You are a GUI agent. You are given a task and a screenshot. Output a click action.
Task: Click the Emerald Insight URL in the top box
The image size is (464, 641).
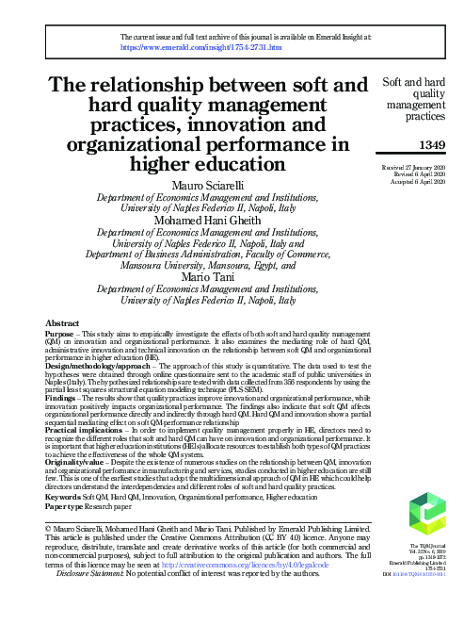(201, 45)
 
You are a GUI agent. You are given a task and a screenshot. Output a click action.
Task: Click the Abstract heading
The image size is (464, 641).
(62, 322)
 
